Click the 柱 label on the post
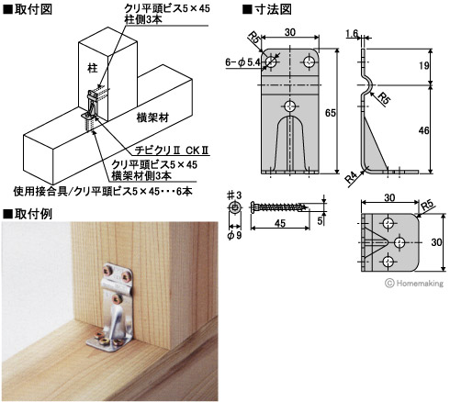click(x=93, y=68)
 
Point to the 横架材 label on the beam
click(x=152, y=117)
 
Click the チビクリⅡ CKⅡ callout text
click(x=172, y=151)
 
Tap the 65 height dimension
click(x=331, y=113)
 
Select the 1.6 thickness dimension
click(x=352, y=33)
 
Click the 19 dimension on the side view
click(x=424, y=66)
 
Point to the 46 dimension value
click(x=424, y=130)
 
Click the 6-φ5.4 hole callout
click(x=242, y=62)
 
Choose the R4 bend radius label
click(x=351, y=178)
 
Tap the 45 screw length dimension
click(x=280, y=223)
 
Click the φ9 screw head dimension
click(x=235, y=235)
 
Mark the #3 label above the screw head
click(x=234, y=195)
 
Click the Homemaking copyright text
click(x=414, y=284)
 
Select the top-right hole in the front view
click(x=309, y=62)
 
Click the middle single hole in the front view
click(x=290, y=106)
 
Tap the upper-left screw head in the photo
click(x=108, y=271)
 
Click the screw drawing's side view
click(x=280, y=207)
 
